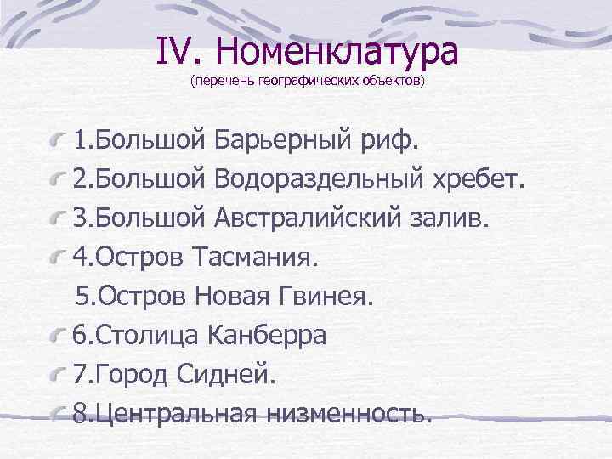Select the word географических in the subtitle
pyautogui.click(x=284, y=82)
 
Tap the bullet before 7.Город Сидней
pyautogui.click(x=59, y=373)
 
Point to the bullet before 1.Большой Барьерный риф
pyautogui.click(x=59, y=136)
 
